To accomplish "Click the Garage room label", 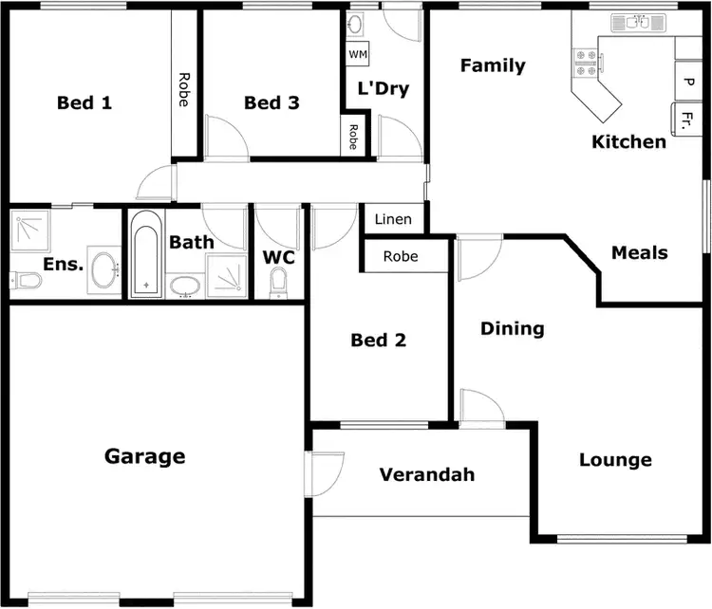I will (144, 456).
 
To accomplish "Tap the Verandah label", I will (426, 474).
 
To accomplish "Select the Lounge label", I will (615, 460).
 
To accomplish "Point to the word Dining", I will (512, 329).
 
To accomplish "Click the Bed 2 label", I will (378, 340).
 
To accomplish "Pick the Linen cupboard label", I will (393, 219).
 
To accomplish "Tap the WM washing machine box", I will (357, 54).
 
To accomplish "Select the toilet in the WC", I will (278, 281).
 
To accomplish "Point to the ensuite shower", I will (29, 231).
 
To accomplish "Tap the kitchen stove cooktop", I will (585, 64).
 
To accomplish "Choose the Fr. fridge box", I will (686, 120).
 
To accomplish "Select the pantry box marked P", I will (687, 82).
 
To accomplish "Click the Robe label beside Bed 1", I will (183, 89).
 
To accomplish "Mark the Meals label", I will (639, 252).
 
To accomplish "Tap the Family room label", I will (493, 65).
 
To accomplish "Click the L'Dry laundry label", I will (383, 89).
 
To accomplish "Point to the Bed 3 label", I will (272, 102).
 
